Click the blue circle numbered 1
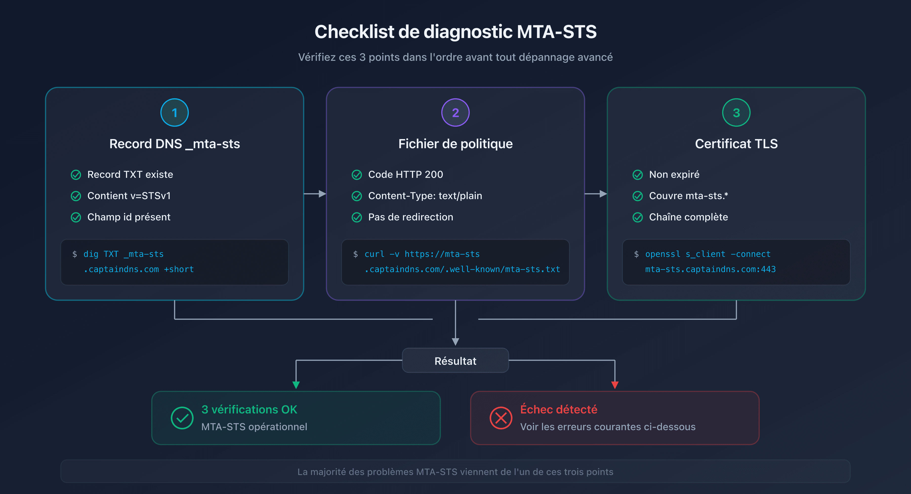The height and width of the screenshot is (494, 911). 174,113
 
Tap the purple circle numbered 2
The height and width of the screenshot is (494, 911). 455,113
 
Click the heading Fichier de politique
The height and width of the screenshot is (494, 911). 455,144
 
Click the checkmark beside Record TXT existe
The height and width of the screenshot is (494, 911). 76,175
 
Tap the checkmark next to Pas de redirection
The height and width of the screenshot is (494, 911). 357,217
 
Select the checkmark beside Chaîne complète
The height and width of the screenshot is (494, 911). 638,217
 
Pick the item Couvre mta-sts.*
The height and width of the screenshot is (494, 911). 688,196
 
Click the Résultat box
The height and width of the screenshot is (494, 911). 455,360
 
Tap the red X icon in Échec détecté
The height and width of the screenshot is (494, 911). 501,418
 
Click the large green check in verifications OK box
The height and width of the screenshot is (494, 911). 182,418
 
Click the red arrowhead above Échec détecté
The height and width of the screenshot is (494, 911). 615,385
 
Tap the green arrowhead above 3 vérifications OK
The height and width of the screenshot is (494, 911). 296,385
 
